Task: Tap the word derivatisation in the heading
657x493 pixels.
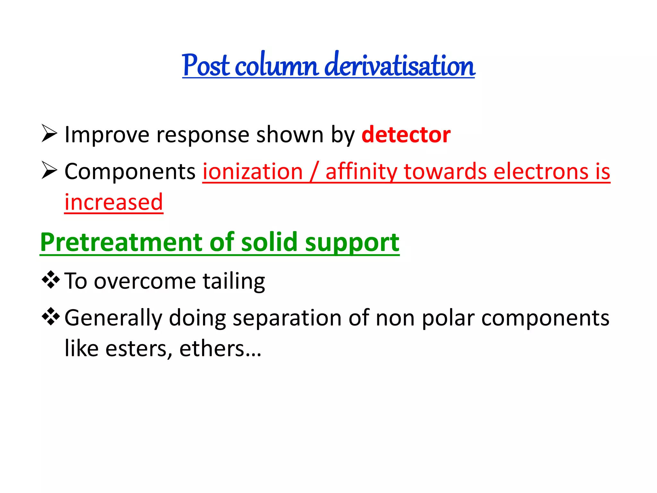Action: (x=400, y=66)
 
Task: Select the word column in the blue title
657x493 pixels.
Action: (x=277, y=66)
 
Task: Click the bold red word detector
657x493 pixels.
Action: (x=406, y=135)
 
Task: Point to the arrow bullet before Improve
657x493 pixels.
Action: (x=49, y=133)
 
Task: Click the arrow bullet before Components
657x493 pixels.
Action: (x=49, y=170)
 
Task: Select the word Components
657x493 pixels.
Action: (x=130, y=172)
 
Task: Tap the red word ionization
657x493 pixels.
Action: (x=253, y=172)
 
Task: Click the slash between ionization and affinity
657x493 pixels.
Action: (x=314, y=172)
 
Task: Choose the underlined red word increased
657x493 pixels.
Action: (x=114, y=203)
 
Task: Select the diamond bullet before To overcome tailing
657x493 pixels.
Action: (x=51, y=280)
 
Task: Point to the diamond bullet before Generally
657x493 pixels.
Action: (x=51, y=317)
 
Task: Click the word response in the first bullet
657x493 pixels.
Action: (x=203, y=135)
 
